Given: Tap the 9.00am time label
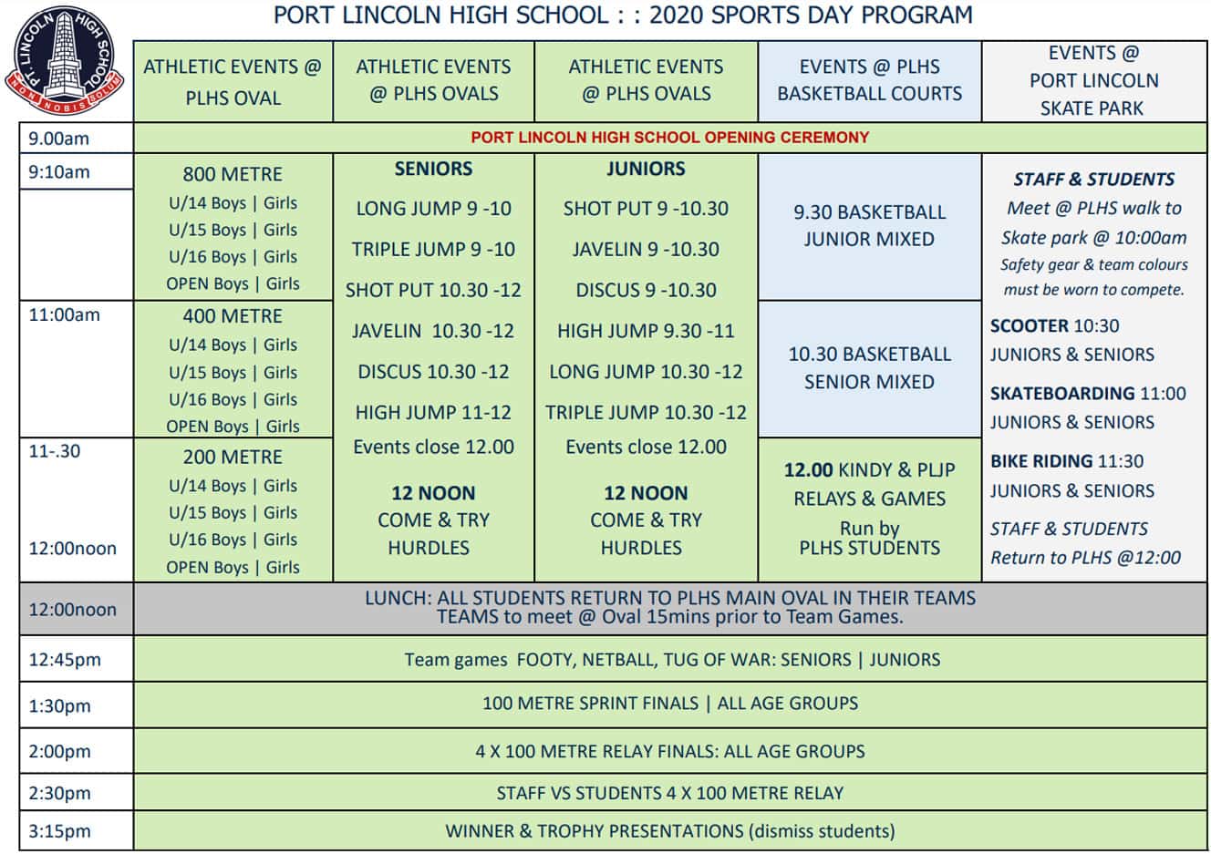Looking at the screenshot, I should click(59, 139).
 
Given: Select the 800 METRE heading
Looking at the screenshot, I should click(233, 174).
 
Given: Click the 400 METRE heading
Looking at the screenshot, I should click(233, 316).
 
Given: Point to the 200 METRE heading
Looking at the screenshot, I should click(233, 457).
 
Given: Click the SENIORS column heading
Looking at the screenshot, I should click(433, 169).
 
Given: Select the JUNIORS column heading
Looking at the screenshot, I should click(646, 169).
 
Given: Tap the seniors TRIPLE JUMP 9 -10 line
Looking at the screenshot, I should click(433, 249).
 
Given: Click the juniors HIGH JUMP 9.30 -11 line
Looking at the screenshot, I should click(646, 331).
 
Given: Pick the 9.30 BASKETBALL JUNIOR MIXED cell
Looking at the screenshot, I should click(869, 225).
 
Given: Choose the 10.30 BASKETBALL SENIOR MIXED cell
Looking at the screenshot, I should click(869, 367).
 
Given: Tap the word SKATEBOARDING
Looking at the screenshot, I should click(1062, 394).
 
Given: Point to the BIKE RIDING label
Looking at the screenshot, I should click(1041, 461).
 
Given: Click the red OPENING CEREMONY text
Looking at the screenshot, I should click(669, 138).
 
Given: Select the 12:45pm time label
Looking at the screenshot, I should click(65, 660).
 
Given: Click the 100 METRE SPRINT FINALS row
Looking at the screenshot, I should click(669, 704).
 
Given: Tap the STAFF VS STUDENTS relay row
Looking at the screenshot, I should click(669, 793).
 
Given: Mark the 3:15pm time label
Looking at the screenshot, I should click(60, 831).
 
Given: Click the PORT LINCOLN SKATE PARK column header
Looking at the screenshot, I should click(1093, 80).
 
